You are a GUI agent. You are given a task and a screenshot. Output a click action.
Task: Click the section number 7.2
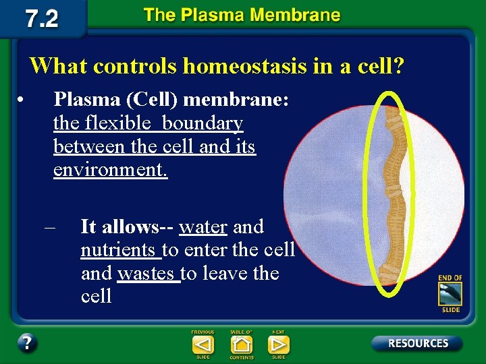(x=42, y=18)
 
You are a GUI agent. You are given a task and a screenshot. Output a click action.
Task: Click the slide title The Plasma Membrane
(x=242, y=16)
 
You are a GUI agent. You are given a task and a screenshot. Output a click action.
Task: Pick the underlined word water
(x=202, y=226)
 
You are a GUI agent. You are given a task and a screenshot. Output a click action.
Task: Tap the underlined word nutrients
(x=118, y=250)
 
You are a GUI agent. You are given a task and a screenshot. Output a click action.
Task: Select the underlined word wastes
(x=146, y=273)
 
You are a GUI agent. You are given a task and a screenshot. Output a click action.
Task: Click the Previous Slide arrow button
(x=202, y=344)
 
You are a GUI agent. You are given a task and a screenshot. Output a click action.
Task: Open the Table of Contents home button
(x=241, y=344)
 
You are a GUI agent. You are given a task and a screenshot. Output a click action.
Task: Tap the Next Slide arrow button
(x=278, y=344)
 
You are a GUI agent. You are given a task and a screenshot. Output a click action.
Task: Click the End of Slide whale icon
(x=450, y=294)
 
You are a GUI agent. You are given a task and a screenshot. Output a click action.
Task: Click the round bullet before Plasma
(x=22, y=100)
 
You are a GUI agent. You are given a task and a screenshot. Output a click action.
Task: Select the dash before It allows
(x=49, y=227)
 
